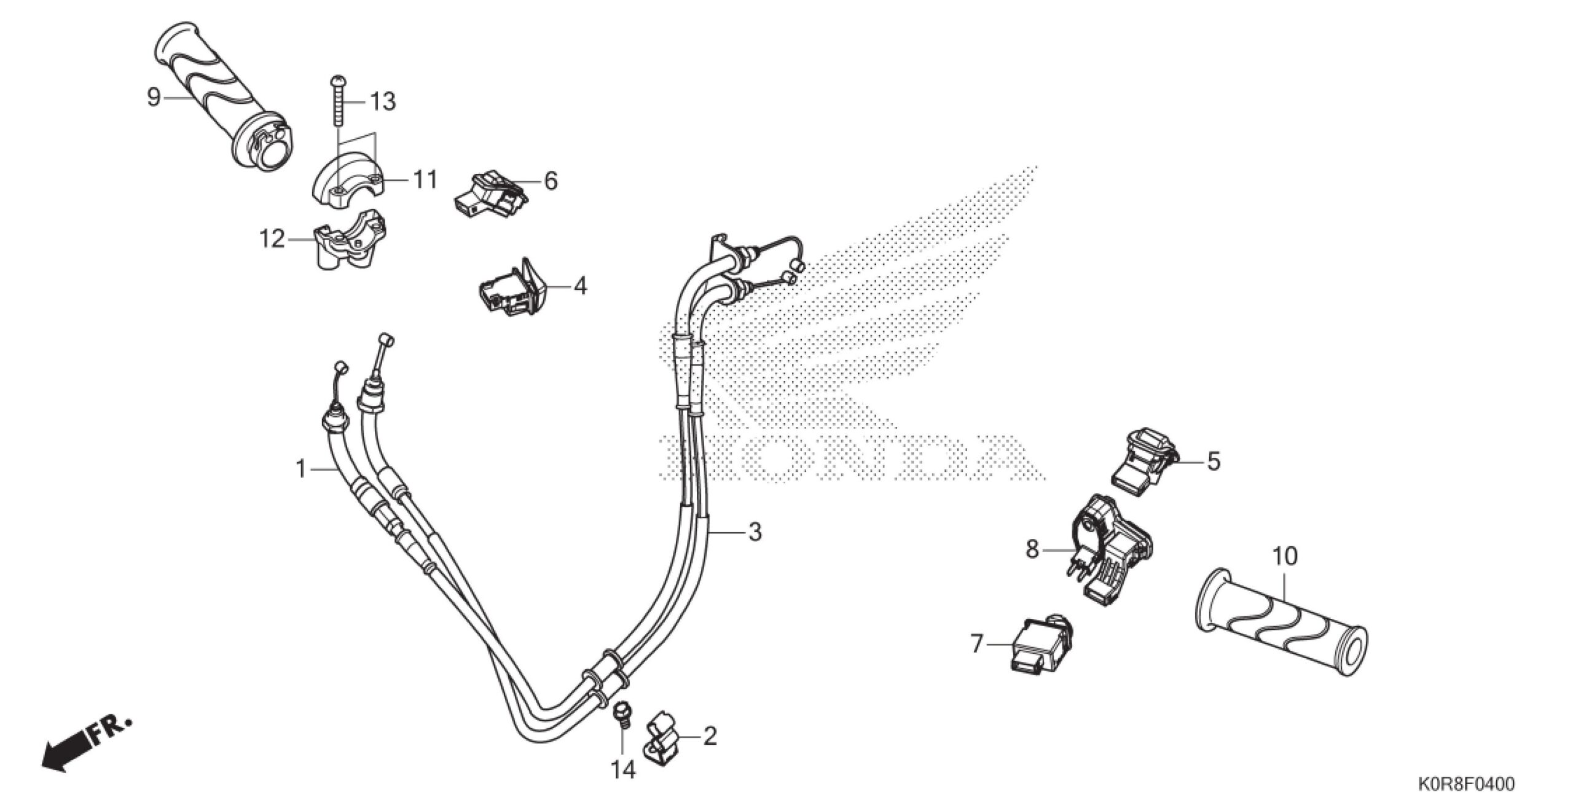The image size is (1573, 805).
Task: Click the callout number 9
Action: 154,97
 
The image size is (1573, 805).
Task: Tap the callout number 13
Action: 382,101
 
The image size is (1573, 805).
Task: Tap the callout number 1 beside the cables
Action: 301,470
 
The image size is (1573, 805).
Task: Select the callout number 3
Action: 755,532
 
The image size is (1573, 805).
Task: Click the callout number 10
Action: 1285,556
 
